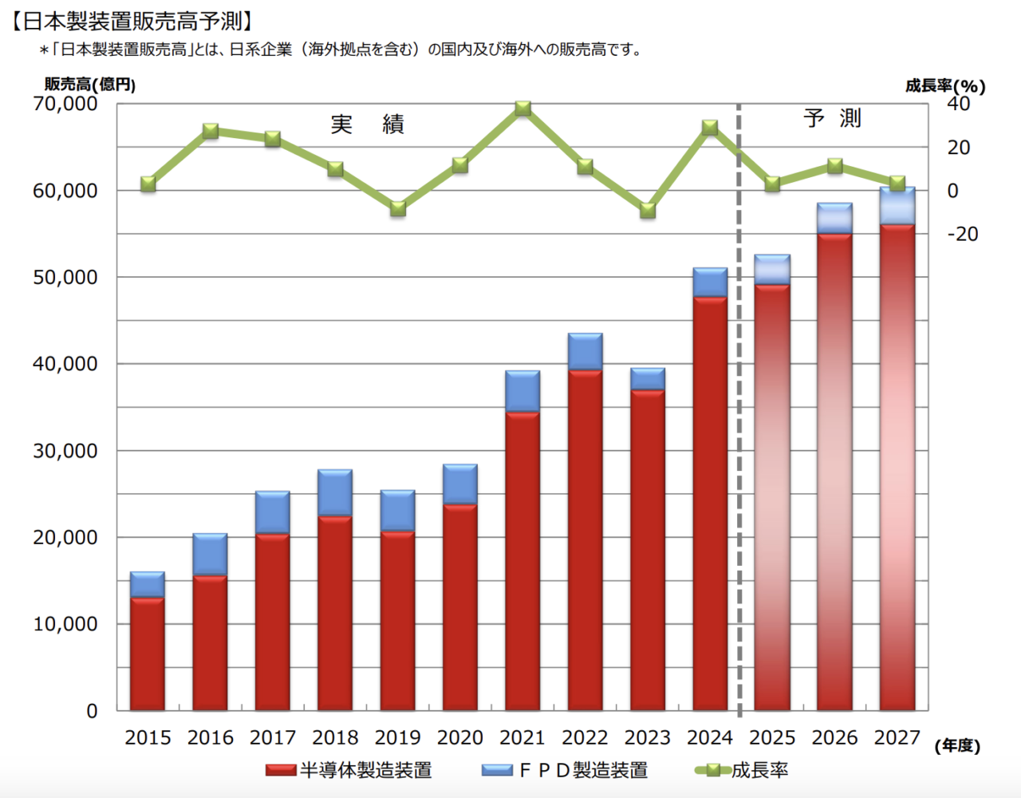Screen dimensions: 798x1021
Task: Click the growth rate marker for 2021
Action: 522,109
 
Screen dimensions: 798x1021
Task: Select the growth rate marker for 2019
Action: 398,209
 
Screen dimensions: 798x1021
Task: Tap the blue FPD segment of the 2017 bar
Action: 273,512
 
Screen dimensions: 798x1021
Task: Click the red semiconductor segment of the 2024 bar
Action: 710,503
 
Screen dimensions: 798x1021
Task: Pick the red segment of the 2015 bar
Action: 148,654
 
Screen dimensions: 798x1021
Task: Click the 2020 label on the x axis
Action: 460,737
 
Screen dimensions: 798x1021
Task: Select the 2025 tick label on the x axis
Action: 772,737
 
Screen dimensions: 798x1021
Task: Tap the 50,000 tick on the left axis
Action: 65,277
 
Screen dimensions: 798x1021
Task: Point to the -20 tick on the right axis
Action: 962,234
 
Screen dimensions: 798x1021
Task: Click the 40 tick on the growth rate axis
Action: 958,104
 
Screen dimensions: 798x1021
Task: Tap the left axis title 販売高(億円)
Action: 90,85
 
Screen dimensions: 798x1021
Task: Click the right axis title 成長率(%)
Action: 945,85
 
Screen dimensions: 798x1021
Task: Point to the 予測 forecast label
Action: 832,118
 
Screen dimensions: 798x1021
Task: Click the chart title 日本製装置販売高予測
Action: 132,21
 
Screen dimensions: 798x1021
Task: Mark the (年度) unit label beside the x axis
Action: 957,745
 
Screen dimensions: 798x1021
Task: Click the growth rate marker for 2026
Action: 835,166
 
